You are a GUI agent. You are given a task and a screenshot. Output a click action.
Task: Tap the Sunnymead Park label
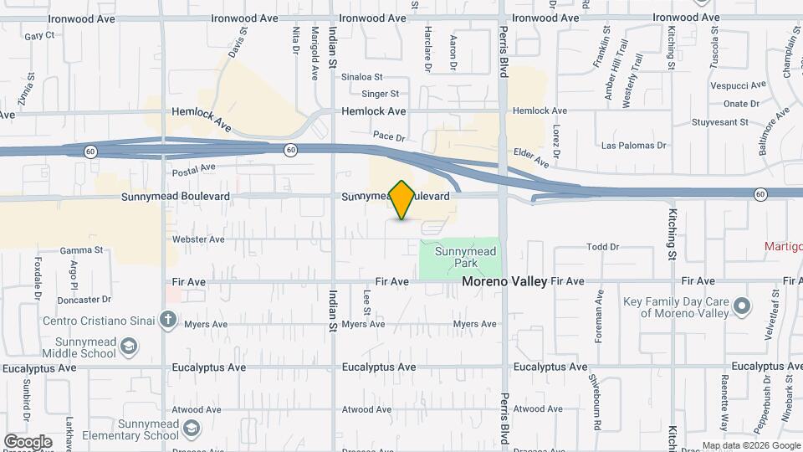(x=460, y=256)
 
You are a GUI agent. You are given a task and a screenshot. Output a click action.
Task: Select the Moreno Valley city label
(x=504, y=282)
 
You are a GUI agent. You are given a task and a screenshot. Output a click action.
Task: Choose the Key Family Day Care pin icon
(x=741, y=307)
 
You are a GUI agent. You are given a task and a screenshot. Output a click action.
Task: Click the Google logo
(x=28, y=441)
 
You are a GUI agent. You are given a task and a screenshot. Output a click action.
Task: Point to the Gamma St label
(x=81, y=250)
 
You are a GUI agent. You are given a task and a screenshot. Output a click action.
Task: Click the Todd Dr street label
(x=602, y=247)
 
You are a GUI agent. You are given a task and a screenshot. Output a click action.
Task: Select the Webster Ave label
(x=198, y=239)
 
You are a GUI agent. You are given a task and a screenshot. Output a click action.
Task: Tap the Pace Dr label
(x=389, y=136)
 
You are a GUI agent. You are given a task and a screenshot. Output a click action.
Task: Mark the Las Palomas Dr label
(x=634, y=146)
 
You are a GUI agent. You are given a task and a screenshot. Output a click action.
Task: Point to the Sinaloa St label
(x=361, y=76)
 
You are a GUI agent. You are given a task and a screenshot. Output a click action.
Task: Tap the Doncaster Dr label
(x=84, y=299)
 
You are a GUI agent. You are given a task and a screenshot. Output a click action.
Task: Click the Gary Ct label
(x=39, y=36)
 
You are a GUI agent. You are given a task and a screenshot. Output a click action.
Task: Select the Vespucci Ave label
(x=738, y=85)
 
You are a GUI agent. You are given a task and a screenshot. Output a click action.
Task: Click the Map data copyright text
(x=750, y=445)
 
